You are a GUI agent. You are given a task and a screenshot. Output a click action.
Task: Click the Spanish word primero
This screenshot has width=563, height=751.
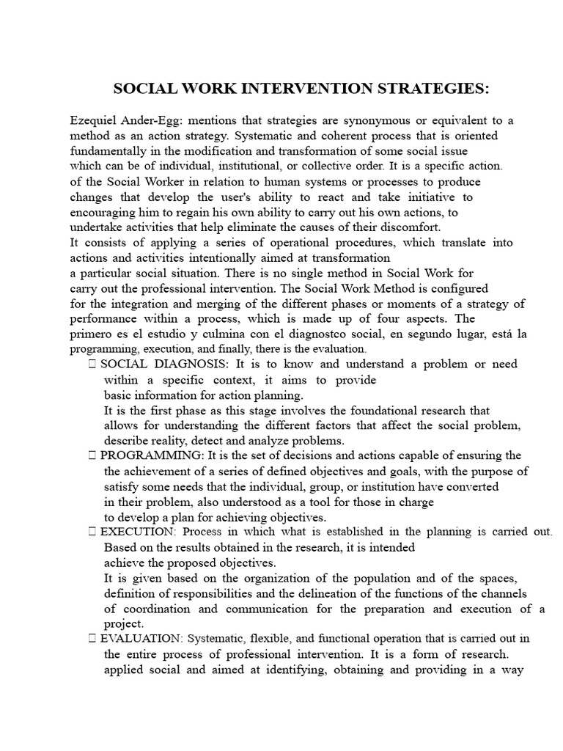92,334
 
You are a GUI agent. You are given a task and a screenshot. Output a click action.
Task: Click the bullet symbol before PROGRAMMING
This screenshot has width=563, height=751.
91,456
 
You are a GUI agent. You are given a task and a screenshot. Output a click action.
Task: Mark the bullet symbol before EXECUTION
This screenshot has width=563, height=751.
91,532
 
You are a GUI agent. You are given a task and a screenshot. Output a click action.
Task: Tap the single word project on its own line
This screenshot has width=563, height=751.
123,623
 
